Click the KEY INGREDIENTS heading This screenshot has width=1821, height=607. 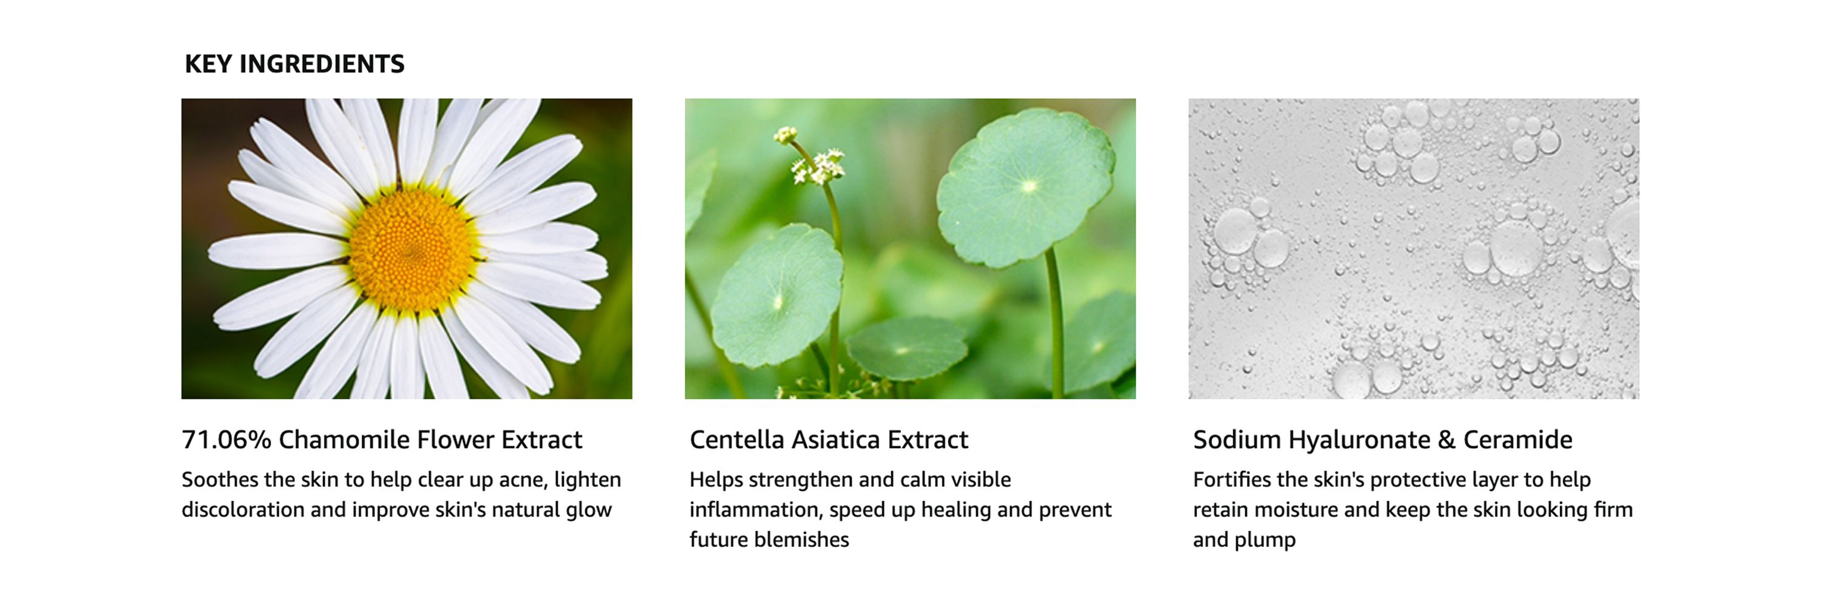[295, 64]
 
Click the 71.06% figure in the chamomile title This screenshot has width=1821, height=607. [226, 439]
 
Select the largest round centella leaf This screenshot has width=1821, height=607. [1026, 187]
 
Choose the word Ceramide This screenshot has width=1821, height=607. [1517, 439]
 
